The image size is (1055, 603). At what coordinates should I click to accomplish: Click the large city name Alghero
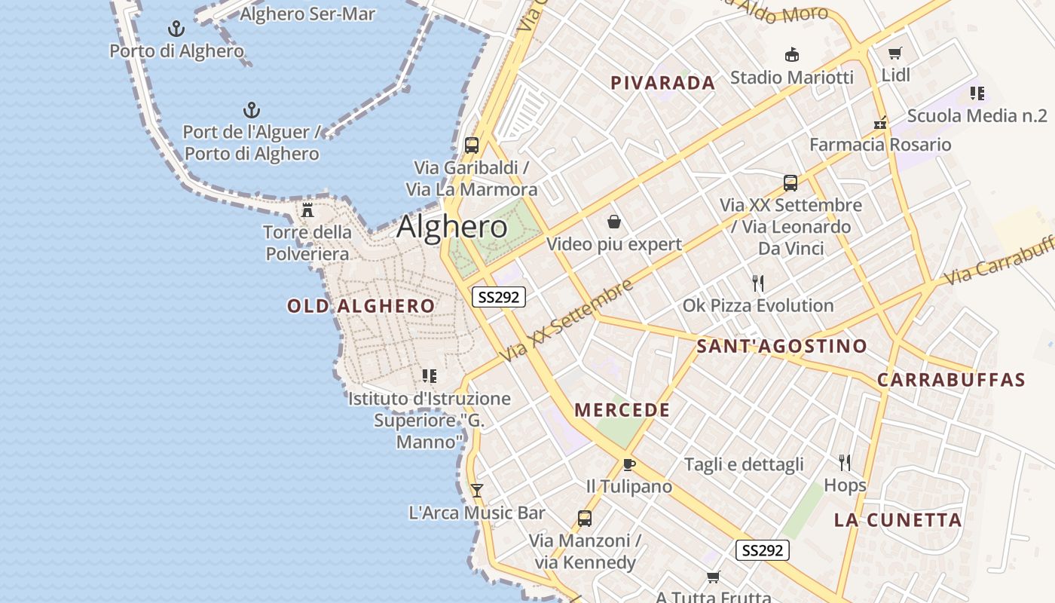[452, 226]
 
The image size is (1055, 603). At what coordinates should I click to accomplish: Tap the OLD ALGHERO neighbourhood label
[361, 306]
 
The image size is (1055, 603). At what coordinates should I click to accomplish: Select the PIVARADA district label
[662, 83]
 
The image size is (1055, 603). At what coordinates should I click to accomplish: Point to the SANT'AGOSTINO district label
[781, 347]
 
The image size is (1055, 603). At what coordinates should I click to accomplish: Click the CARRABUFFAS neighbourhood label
[951, 380]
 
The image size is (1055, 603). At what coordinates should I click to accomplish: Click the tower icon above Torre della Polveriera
[307, 210]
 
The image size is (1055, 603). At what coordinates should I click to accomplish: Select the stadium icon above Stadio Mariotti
[792, 54]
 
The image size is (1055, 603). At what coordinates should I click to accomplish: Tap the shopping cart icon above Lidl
[894, 53]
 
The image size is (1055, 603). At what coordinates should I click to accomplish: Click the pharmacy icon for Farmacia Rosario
[880, 122]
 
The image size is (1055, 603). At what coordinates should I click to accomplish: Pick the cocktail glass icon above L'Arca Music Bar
[476, 490]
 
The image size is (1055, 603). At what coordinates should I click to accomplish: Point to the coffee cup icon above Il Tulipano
[629, 464]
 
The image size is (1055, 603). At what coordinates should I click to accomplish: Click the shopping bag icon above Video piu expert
[614, 222]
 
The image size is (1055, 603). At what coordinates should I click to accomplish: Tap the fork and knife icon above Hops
[845, 462]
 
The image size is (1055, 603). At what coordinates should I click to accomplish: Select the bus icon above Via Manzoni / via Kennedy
[584, 518]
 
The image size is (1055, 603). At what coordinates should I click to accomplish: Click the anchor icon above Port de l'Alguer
[252, 110]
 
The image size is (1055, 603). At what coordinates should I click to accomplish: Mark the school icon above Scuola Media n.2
[977, 93]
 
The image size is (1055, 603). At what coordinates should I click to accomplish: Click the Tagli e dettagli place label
[744, 464]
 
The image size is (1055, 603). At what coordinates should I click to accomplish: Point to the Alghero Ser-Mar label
[307, 14]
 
